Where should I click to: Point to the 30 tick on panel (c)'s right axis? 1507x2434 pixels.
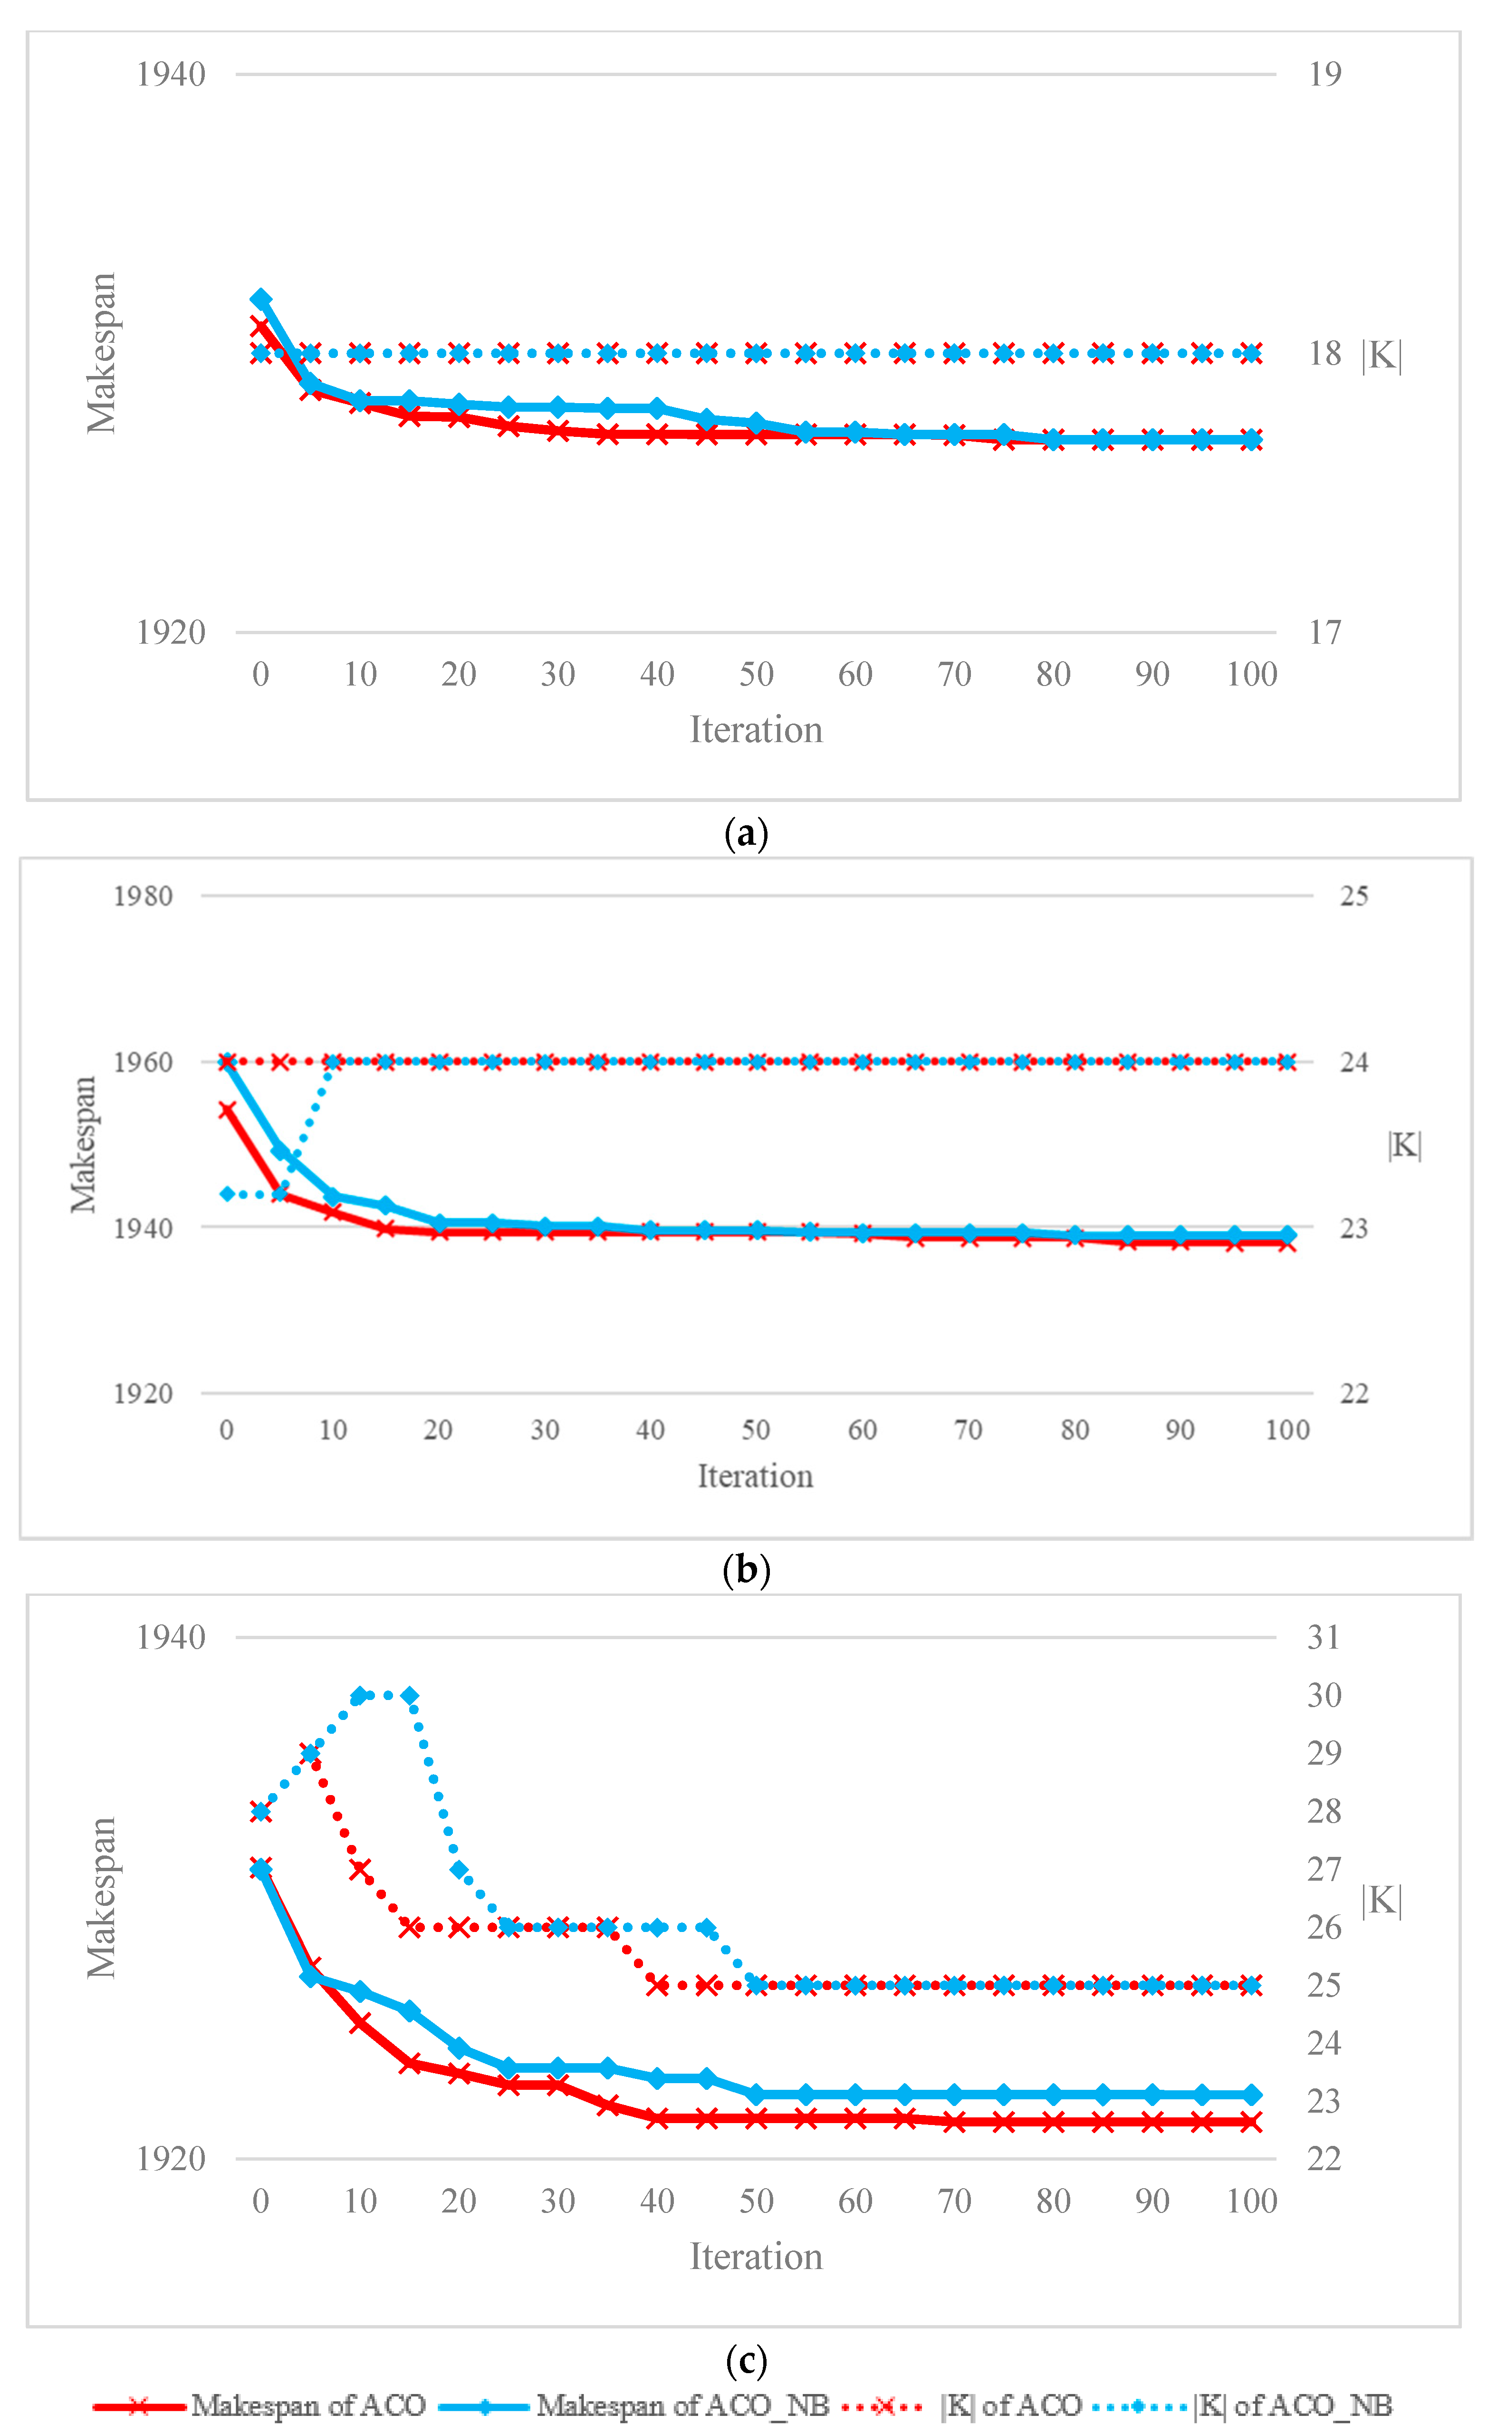coord(1324,1695)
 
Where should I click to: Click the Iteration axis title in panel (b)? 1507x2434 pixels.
coord(755,1476)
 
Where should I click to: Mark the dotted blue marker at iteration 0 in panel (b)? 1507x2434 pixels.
coord(227,1194)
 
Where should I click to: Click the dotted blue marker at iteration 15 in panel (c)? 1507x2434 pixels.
coord(410,1695)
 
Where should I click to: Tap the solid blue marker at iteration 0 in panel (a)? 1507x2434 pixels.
coord(261,299)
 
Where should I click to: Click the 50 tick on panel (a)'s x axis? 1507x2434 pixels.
coord(756,675)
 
